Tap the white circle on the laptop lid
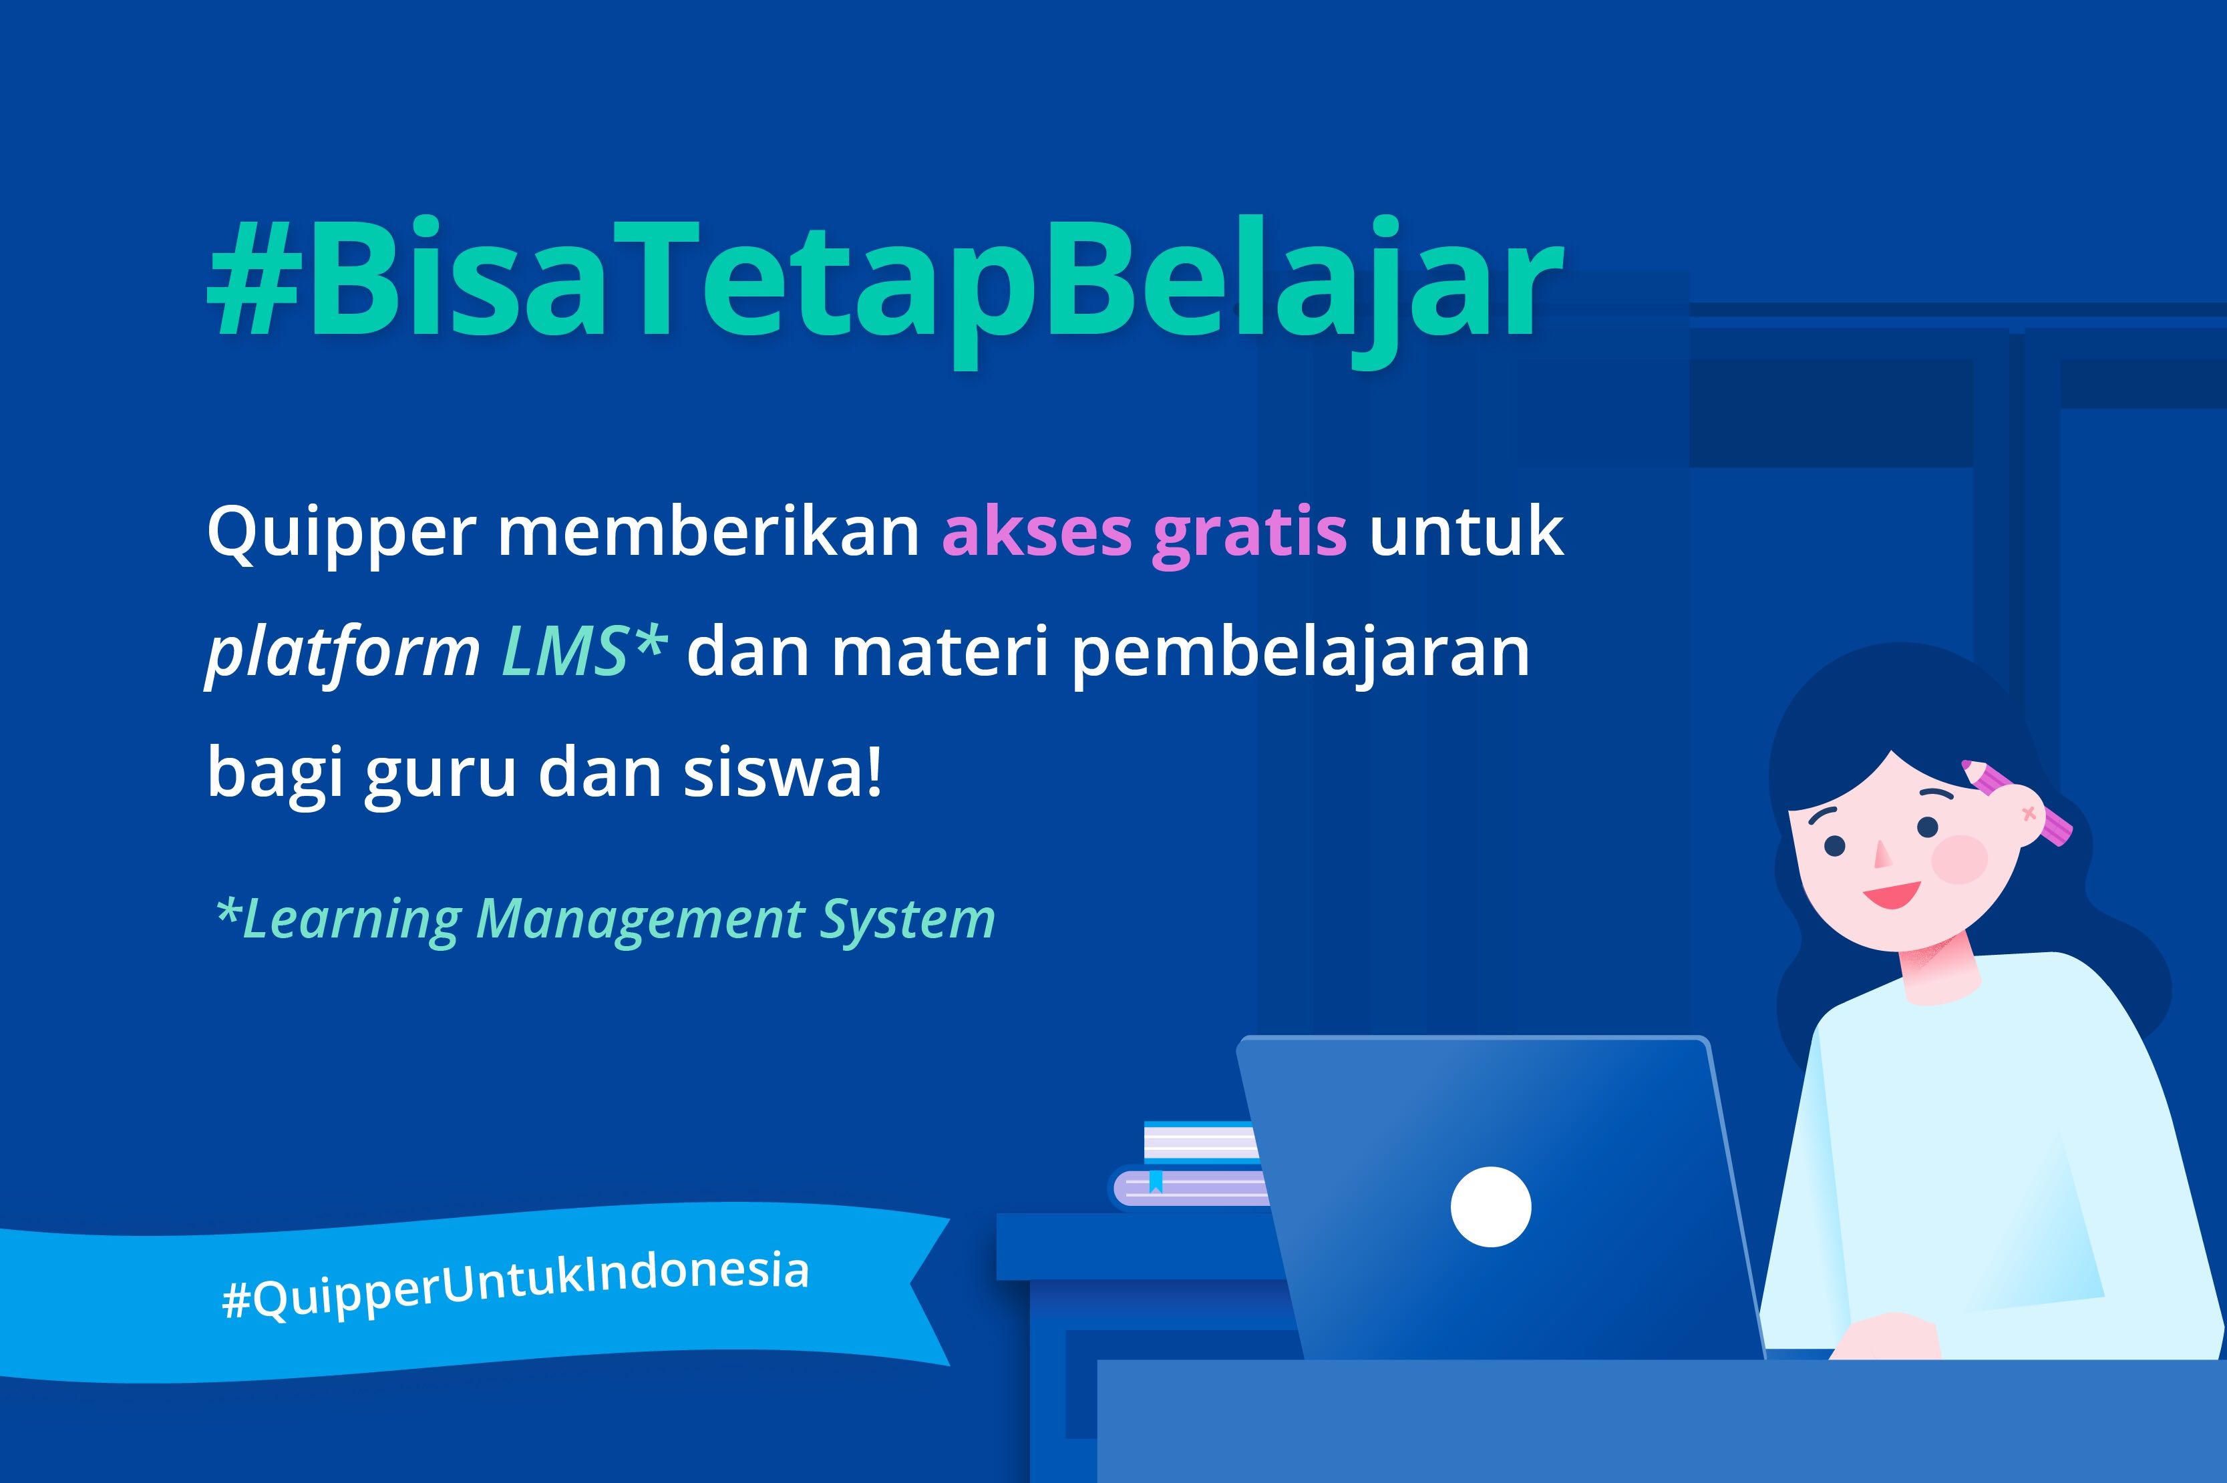[x=1491, y=1207]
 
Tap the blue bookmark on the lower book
[x=1155, y=1181]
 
